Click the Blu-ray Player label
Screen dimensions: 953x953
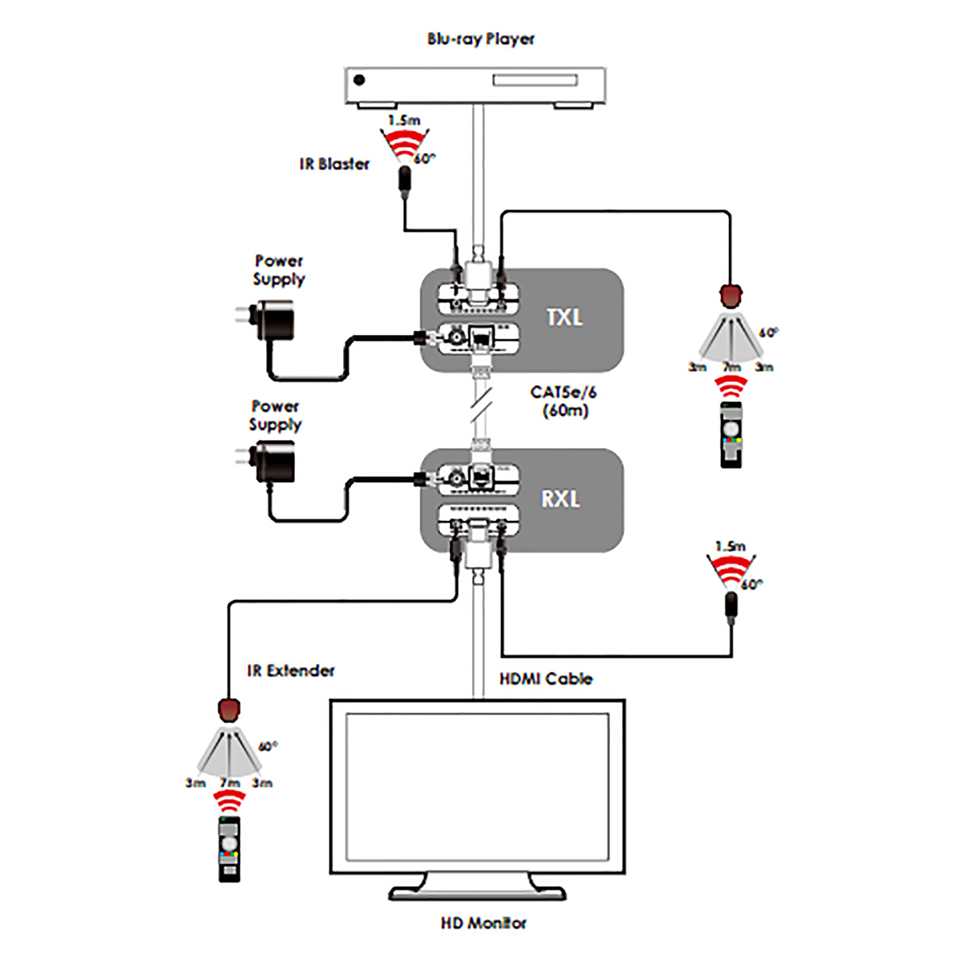[x=480, y=39]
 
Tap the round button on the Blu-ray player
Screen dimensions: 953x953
[x=360, y=80]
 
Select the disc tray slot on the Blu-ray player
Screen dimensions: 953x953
[x=534, y=80]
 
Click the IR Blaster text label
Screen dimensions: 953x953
[x=334, y=164]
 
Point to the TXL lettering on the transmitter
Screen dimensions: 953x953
[x=565, y=317]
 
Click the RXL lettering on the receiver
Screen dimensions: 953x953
[x=561, y=499]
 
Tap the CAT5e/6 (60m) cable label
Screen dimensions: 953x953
[x=564, y=402]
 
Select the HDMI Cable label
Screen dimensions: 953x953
[x=546, y=678]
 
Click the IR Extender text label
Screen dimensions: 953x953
[x=291, y=670]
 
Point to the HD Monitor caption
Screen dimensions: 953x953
[x=484, y=923]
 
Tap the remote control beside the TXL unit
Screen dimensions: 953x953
[x=731, y=434]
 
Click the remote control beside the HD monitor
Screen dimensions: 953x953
[x=230, y=849]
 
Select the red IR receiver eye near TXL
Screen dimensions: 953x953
[x=731, y=296]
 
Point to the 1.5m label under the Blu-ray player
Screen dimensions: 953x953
[x=404, y=120]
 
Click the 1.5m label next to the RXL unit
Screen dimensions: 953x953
[x=731, y=546]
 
